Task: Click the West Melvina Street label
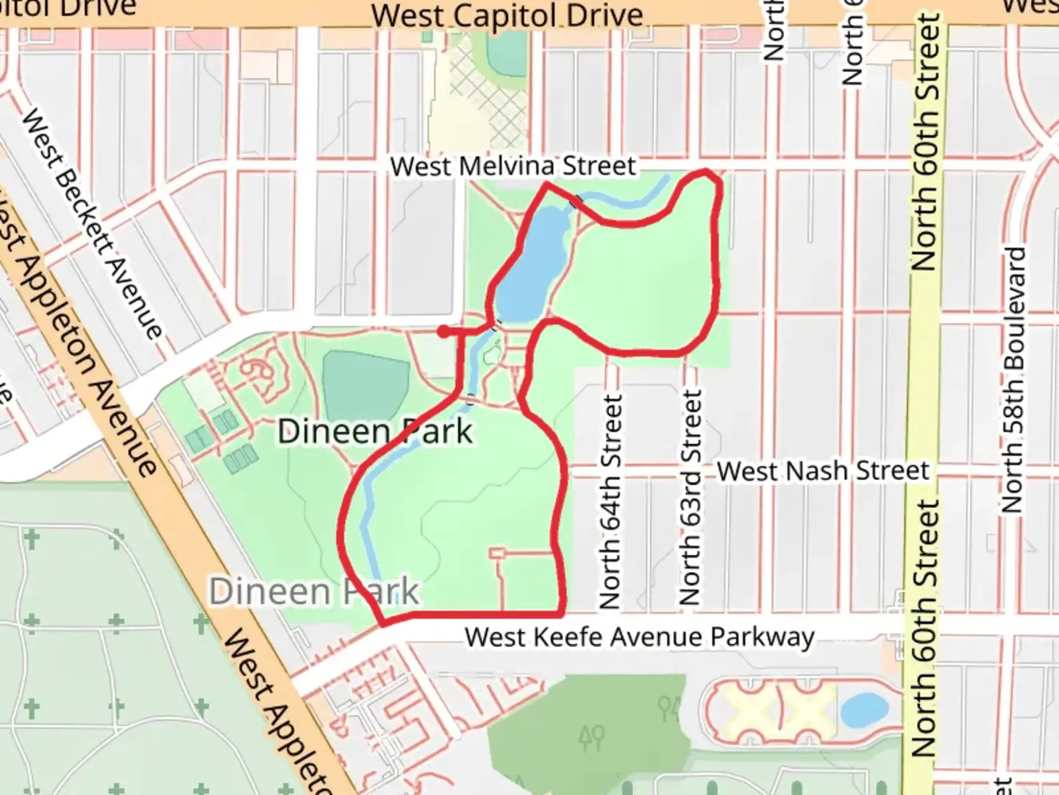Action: point(513,166)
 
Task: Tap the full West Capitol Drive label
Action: point(507,15)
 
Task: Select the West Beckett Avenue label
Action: point(91,224)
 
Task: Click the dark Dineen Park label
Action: point(375,431)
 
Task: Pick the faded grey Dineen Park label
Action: point(314,592)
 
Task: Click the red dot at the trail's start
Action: point(443,332)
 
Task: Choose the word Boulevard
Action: point(1013,309)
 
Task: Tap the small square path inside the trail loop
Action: point(498,552)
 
